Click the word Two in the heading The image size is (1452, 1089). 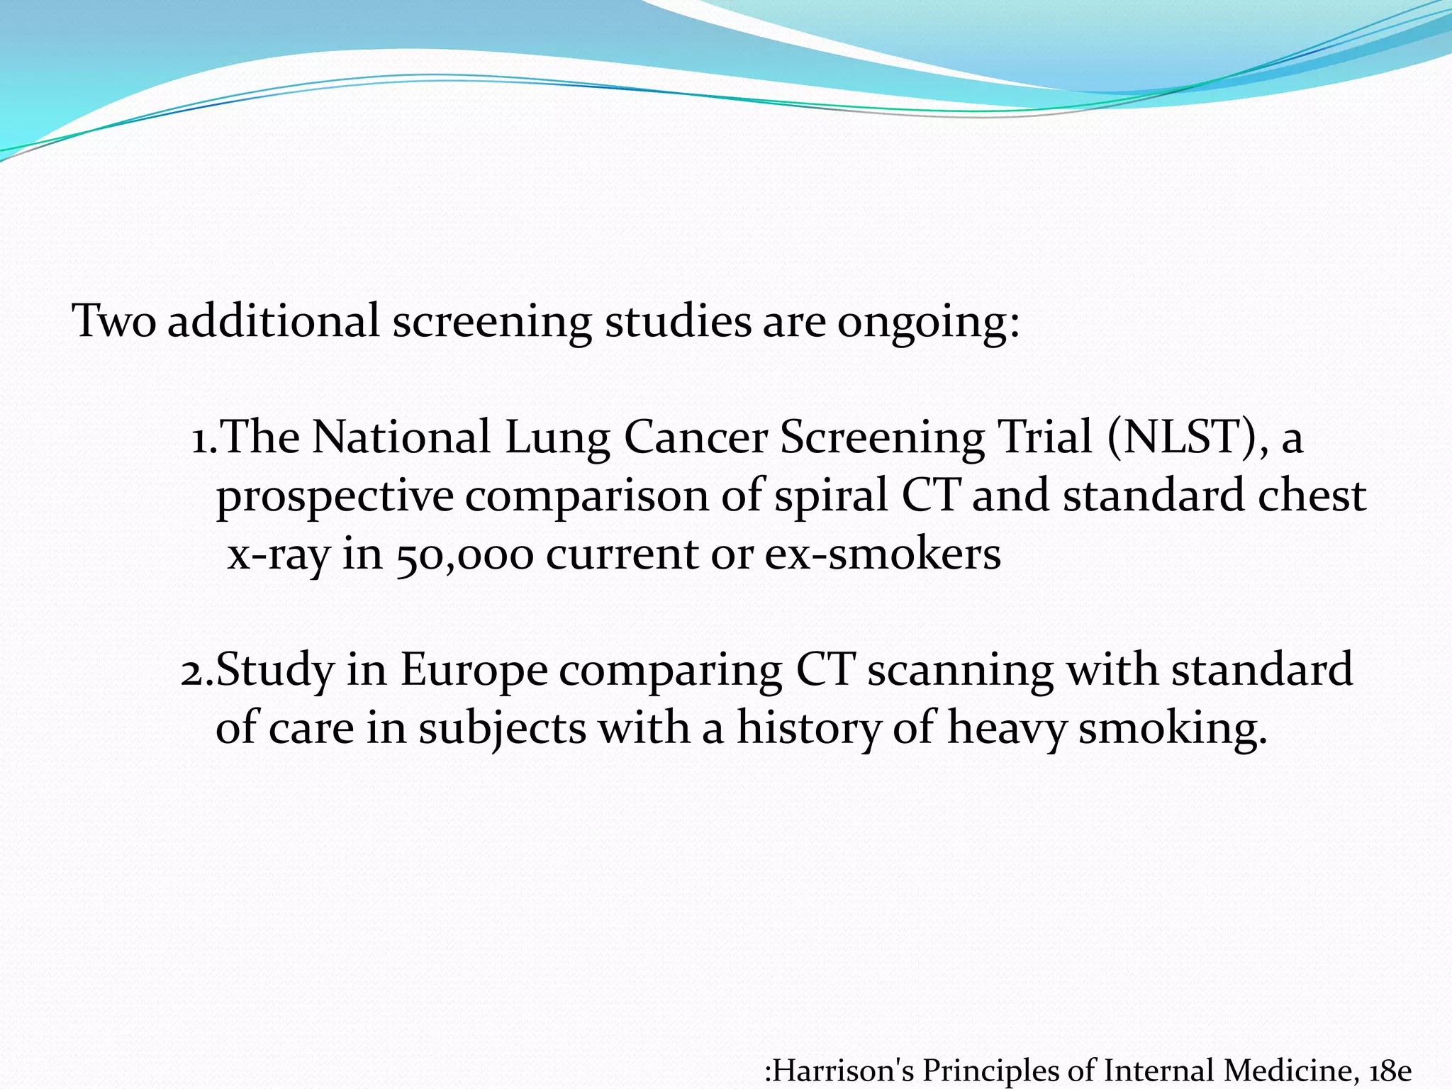click(114, 321)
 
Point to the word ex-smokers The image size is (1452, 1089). click(883, 553)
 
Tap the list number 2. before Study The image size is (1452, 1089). click(196, 671)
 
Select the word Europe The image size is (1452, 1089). click(474, 671)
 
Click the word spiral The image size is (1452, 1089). click(830, 496)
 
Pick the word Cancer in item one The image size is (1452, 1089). click(696, 437)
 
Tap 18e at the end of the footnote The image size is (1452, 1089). click(1391, 1071)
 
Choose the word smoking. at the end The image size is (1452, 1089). click(1173, 729)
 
